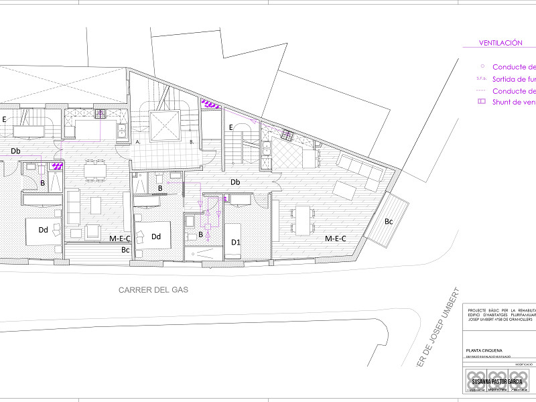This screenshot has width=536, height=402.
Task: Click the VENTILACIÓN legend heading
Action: (500, 43)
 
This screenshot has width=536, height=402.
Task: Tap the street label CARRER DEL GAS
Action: (153, 290)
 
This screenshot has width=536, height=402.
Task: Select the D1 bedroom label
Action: (235, 241)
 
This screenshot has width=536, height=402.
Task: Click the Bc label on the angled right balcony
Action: (389, 220)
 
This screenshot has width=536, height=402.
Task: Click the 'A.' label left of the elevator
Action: (137, 142)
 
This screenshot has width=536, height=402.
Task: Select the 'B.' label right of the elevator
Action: (192, 142)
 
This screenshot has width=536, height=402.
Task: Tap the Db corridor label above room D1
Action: (235, 182)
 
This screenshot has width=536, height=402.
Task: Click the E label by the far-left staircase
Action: (4, 119)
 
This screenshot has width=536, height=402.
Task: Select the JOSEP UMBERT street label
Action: (439, 328)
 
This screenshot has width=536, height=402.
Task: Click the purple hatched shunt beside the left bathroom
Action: (58, 164)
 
